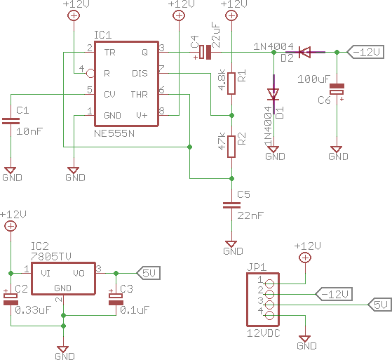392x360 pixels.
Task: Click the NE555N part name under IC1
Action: pos(114,133)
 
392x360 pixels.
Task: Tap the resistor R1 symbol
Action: pos(231,84)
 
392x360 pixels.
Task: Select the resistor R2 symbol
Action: pos(231,147)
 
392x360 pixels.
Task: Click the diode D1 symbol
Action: pos(273,94)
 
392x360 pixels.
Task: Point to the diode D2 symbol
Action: pos(305,53)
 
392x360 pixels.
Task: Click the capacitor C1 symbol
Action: pos(11,121)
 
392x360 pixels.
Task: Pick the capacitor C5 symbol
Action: pos(231,206)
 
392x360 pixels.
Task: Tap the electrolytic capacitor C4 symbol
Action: pos(205,53)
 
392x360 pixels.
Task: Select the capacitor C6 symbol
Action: pos(337,89)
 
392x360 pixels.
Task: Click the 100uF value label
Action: pos(313,79)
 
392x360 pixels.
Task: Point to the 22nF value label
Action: pos(250,215)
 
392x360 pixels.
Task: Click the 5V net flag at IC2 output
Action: pos(149,273)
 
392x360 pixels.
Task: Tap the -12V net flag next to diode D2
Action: pos(366,52)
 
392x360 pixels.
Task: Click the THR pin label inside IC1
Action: pos(140,95)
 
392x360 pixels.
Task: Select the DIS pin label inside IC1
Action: pos(140,74)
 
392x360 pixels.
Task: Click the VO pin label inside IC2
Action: pos(79,274)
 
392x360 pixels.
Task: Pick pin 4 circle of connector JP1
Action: pos(269,316)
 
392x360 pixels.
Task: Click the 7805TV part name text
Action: pos(51,256)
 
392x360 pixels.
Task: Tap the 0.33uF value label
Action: pos(33,310)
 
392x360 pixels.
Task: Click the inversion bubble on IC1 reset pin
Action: pos(90,74)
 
